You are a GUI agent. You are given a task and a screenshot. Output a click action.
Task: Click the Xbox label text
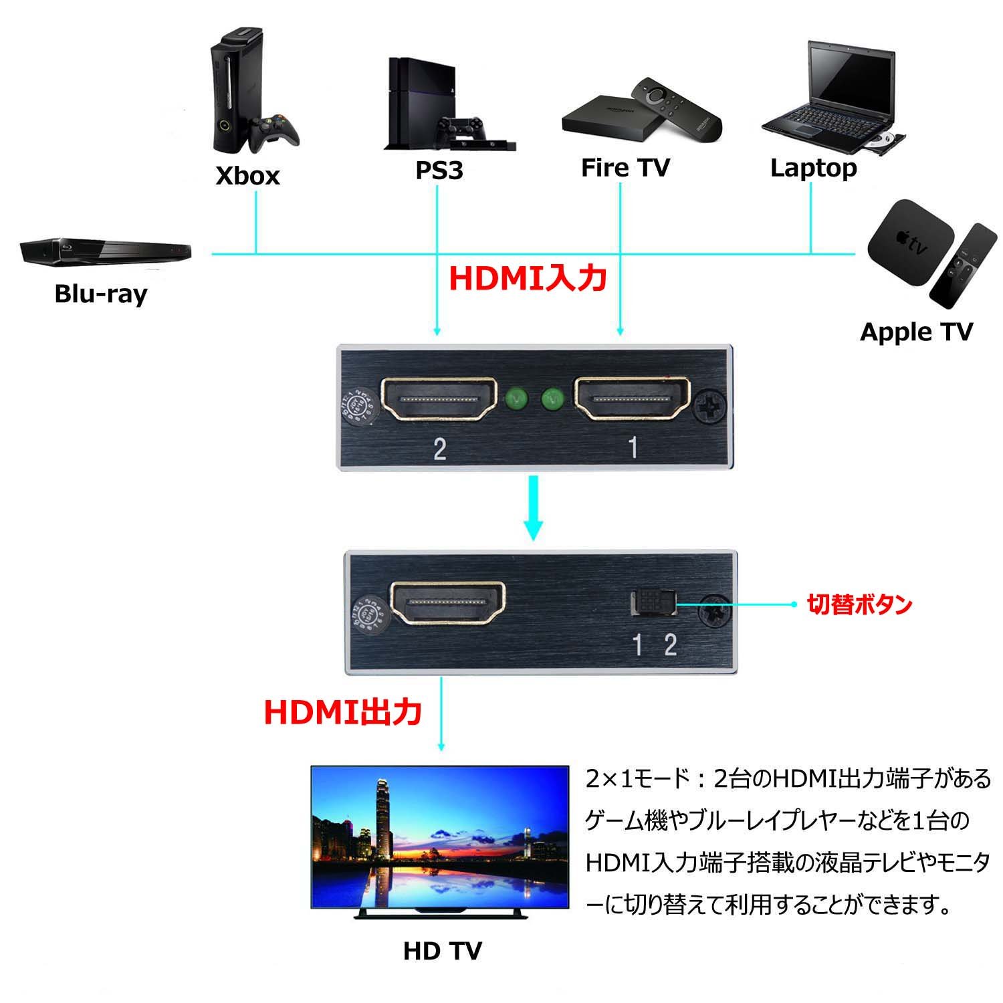tap(247, 176)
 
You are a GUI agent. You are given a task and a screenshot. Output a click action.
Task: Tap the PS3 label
tap(439, 171)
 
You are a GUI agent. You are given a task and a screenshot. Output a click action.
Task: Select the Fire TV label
tap(625, 168)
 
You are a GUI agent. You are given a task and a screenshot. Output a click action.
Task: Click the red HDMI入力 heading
tap(528, 278)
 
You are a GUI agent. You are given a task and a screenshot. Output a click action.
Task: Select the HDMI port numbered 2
tap(439, 400)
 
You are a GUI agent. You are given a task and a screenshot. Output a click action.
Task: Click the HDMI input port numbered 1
tap(633, 399)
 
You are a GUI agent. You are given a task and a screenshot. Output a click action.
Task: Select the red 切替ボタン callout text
tap(859, 604)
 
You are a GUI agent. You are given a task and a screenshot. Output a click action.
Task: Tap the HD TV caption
tap(442, 950)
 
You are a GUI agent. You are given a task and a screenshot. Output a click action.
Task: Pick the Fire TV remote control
tap(677, 107)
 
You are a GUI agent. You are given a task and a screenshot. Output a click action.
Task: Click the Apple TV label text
tap(915, 332)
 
